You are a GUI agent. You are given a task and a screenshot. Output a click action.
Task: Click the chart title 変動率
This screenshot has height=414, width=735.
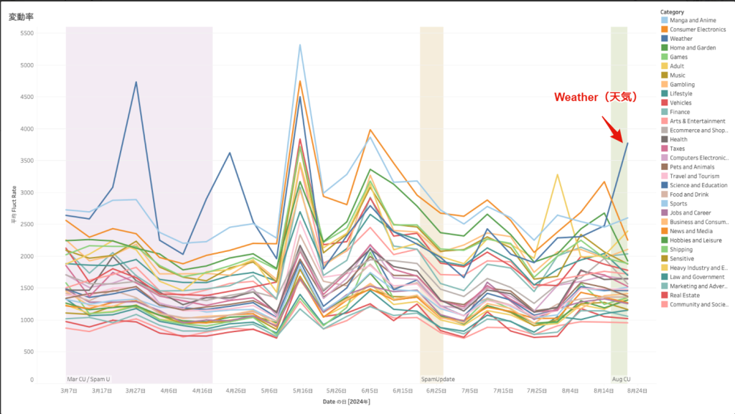pos(22,17)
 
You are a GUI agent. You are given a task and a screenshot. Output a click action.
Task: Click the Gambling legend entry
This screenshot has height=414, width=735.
pos(682,85)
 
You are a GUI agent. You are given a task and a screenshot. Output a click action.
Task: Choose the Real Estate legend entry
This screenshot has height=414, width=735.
pos(685,295)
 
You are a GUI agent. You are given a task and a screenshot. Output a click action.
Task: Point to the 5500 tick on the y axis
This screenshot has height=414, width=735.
pos(27,33)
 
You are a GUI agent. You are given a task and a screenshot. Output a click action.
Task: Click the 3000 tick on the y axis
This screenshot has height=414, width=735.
pos(27,192)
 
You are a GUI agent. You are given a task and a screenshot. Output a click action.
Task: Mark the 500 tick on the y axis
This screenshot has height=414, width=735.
pos(28,352)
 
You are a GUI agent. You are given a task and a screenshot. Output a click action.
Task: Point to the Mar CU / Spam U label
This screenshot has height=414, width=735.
pos(88,379)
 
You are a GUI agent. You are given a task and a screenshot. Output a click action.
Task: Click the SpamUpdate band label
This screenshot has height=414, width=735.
pos(437,379)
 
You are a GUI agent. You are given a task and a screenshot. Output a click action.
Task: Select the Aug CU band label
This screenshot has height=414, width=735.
pos(621,379)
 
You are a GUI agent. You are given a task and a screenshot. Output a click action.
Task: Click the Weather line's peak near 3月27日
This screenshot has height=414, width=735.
pos(136,82)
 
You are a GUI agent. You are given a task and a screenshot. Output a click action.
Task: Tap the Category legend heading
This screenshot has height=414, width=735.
pos(673,11)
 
